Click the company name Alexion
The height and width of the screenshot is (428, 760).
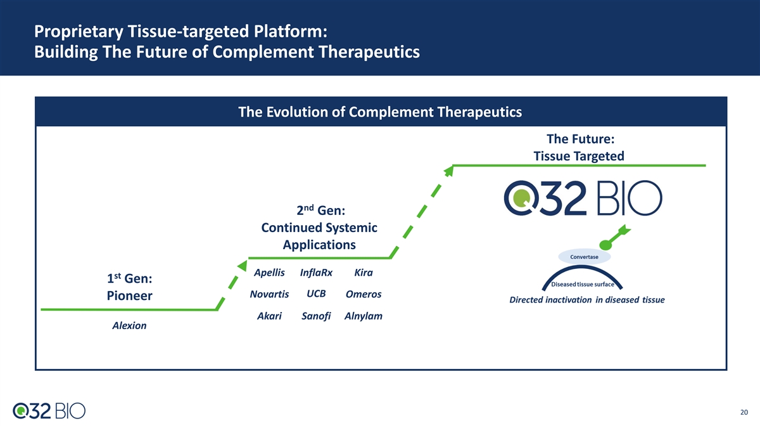(129, 325)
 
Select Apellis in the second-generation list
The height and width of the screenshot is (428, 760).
(269, 273)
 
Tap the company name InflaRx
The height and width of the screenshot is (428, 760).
(316, 273)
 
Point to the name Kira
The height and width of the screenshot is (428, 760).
(364, 273)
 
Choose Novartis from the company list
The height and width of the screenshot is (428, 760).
(269, 294)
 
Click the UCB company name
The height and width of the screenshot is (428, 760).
(316, 294)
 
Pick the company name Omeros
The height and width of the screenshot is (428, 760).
(364, 294)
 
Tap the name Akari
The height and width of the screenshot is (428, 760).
(269, 316)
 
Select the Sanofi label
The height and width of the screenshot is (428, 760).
(316, 316)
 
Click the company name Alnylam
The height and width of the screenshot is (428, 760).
(364, 316)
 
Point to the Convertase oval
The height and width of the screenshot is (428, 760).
(584, 257)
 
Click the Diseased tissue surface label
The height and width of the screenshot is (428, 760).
(583, 284)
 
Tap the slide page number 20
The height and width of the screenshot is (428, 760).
(744, 412)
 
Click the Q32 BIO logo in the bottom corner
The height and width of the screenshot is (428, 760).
(49, 411)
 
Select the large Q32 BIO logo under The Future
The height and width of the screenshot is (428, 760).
(583, 198)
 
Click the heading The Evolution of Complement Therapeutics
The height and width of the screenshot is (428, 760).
(380, 112)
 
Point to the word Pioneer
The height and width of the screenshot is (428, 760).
(130, 295)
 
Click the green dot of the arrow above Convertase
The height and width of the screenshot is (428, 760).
(605, 245)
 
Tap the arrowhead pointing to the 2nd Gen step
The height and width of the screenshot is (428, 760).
(243, 266)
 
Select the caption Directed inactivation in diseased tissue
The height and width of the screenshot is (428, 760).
(587, 299)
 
